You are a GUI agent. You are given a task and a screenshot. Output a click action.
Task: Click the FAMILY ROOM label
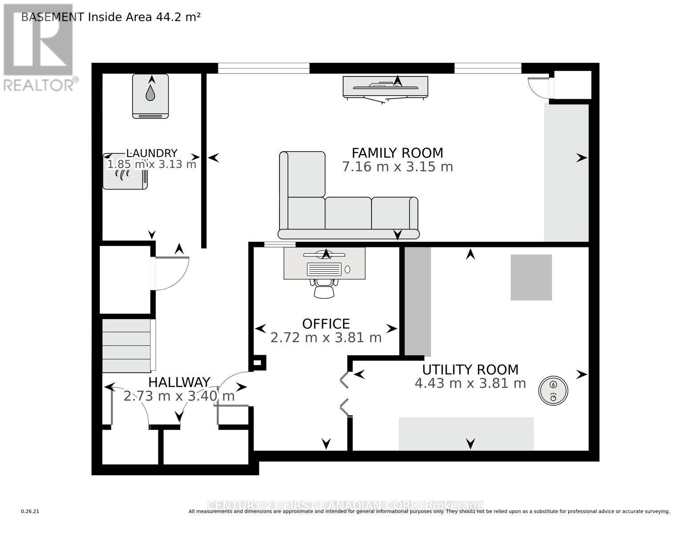397,153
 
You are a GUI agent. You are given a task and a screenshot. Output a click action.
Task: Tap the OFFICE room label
326,324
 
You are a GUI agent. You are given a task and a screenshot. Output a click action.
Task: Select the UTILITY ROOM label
470,370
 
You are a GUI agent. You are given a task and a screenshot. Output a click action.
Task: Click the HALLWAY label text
179,382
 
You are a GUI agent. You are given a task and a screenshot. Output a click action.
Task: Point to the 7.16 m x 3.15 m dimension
397,167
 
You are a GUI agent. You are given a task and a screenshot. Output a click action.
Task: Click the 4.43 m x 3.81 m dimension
470,383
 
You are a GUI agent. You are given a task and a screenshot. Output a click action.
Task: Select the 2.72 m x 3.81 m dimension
326,338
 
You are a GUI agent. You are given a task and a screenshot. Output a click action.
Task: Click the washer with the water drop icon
150,96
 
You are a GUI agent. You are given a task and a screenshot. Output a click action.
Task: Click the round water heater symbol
553,391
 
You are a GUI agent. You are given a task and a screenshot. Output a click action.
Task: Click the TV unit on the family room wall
385,87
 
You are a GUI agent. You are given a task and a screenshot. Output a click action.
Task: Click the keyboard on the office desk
324,269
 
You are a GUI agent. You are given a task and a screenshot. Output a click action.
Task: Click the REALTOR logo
39,47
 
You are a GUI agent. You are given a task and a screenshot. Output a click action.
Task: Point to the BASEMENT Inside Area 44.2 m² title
111,17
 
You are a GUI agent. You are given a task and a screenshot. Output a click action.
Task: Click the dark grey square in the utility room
531,277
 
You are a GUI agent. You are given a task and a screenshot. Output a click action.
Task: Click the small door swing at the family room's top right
538,86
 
